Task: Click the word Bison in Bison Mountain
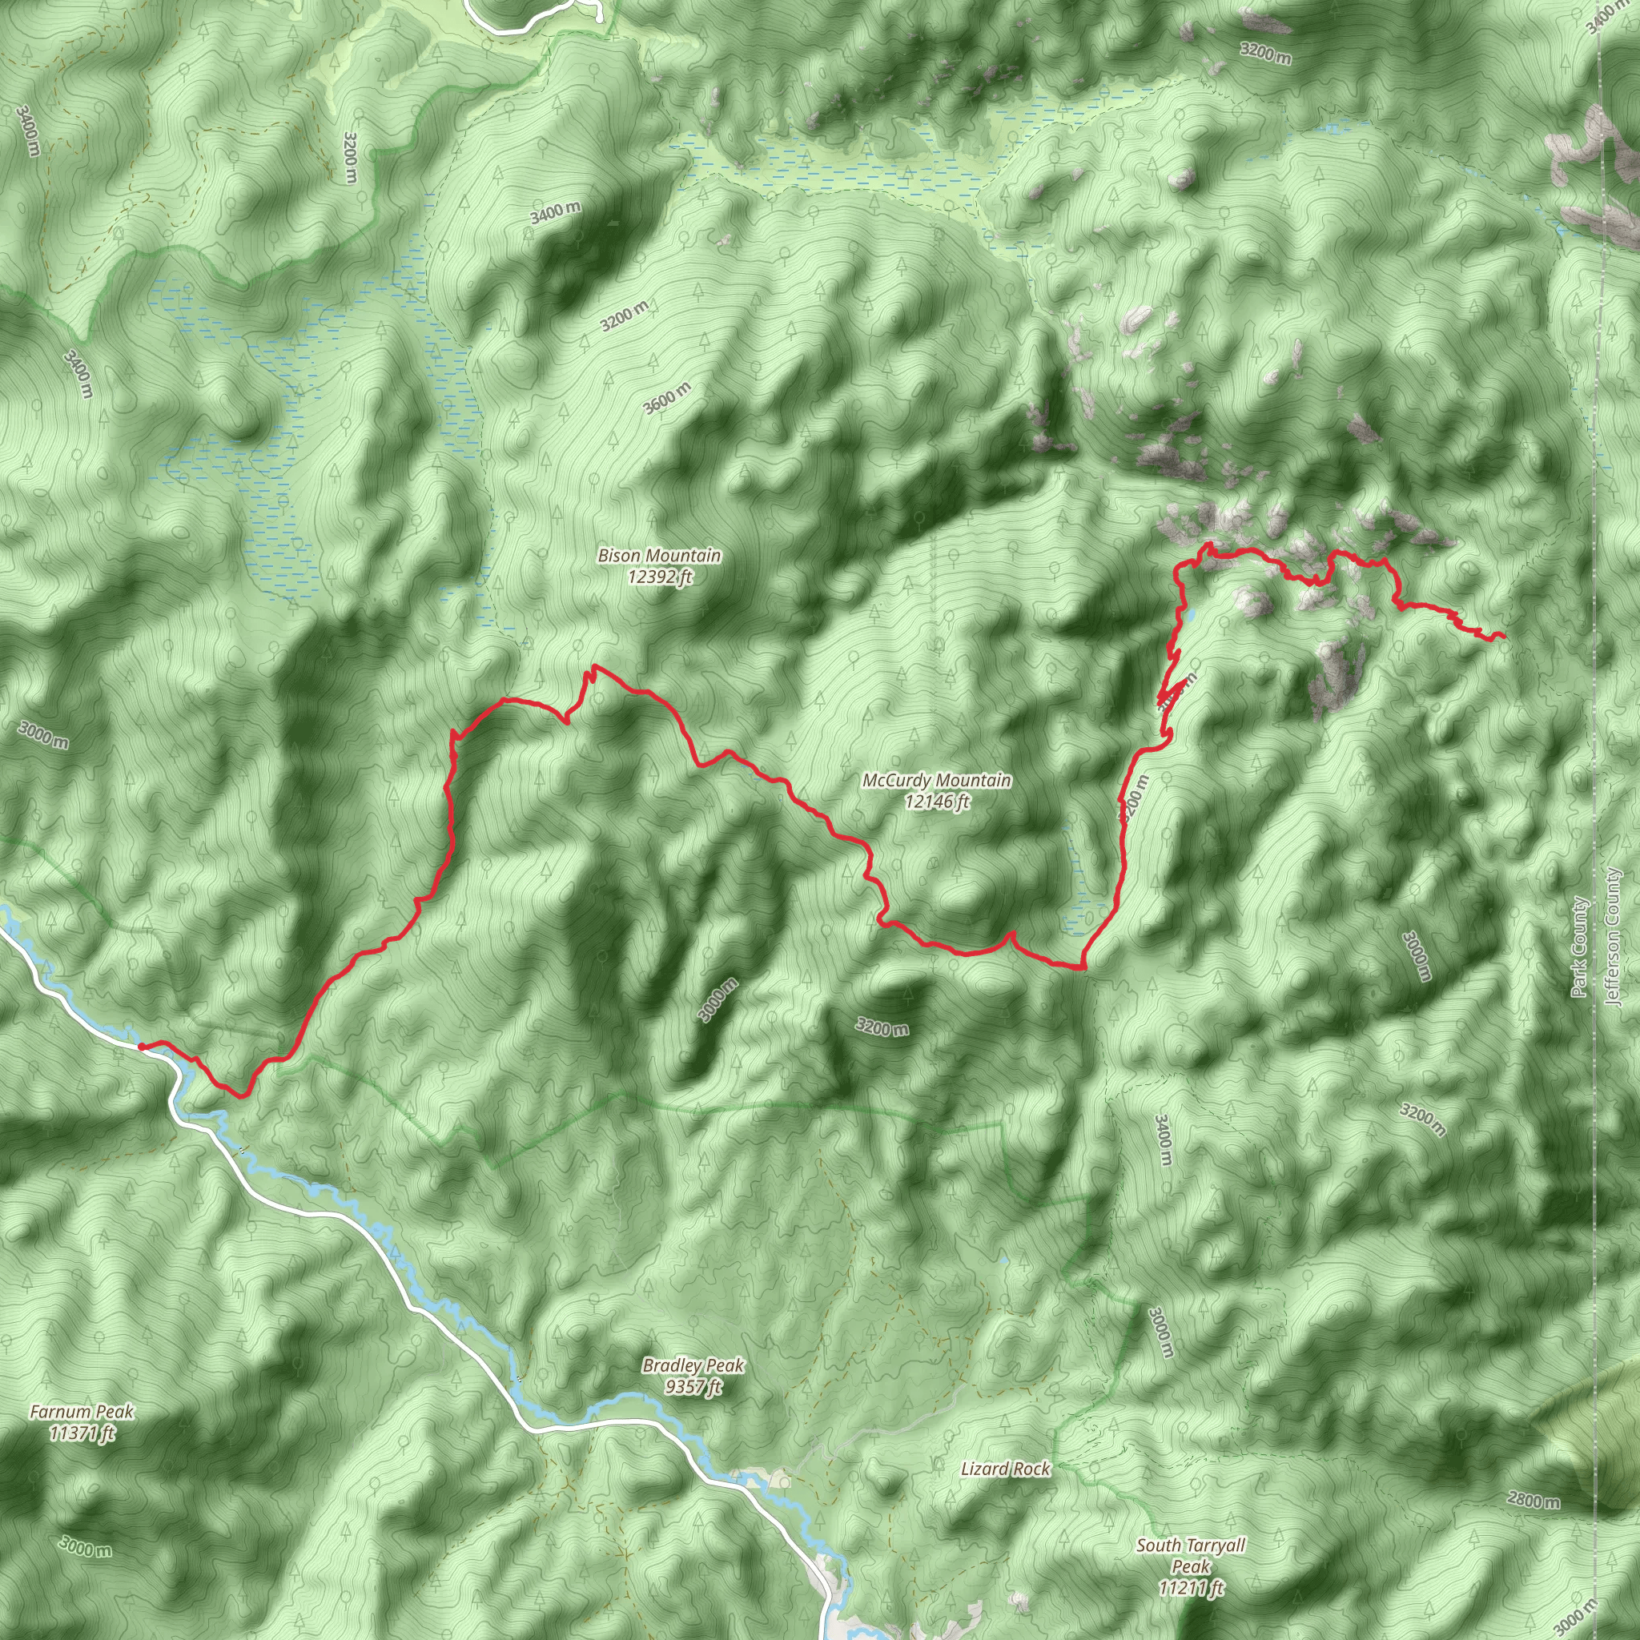coord(618,556)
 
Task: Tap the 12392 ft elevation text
coord(660,577)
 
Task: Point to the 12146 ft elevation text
coord(936,802)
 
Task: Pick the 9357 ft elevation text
coord(693,1387)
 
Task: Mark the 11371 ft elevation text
coord(82,1433)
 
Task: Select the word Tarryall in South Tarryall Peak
coord(1212,1545)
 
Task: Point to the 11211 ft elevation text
coord(1191,1587)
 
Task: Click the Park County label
coord(1579,947)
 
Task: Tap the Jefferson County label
coord(1613,936)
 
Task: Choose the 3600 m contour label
coord(666,398)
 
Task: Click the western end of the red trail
coord(140,1047)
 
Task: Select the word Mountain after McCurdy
coord(973,780)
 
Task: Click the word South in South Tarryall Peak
coord(1159,1545)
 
